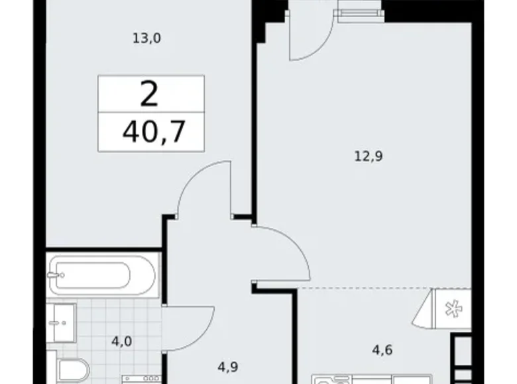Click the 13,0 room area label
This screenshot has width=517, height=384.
147,38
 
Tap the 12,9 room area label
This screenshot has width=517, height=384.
370,157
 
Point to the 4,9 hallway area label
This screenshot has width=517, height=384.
228,364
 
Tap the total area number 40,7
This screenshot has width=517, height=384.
152,132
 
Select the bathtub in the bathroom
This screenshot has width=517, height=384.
102,274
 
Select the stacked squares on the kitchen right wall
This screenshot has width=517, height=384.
463,358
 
